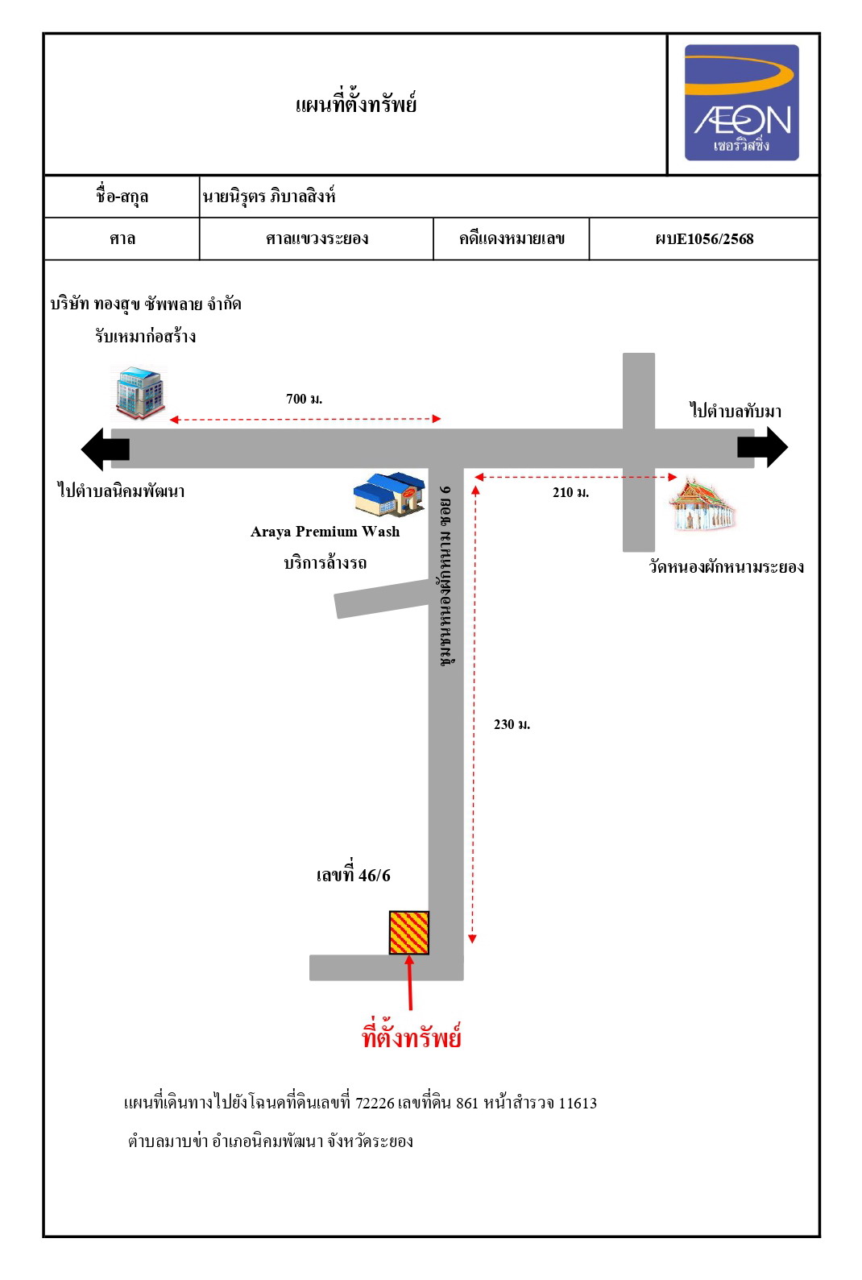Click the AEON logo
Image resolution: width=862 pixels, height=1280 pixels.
point(741,103)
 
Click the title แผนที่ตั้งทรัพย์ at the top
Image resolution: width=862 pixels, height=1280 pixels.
point(356,103)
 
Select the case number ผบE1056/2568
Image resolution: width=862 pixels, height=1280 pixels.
point(704,239)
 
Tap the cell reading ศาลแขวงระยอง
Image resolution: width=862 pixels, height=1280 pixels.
point(317,238)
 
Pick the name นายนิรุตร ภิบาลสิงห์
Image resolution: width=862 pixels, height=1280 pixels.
point(268,196)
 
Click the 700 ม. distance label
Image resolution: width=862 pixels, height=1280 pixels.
point(304,399)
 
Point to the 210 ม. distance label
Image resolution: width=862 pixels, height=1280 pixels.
point(570,492)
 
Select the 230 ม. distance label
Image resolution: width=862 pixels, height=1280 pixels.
point(512,724)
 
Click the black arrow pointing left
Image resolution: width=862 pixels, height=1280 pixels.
point(106,449)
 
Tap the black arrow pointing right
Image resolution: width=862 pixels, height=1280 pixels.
point(763,447)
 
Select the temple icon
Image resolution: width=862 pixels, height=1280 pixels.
point(703,504)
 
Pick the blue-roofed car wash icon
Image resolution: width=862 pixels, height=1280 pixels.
point(390,494)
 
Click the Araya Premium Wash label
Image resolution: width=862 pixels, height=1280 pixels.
point(325,532)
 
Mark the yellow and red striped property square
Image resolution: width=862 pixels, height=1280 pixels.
point(409,933)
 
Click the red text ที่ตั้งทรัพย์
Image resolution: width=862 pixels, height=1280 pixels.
point(411,1035)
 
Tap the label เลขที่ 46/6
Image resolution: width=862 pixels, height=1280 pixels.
point(354,875)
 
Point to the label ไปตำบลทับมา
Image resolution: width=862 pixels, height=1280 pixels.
point(736,410)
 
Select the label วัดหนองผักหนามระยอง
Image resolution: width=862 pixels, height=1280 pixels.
point(726,566)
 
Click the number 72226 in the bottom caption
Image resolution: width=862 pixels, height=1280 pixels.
point(375,1103)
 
